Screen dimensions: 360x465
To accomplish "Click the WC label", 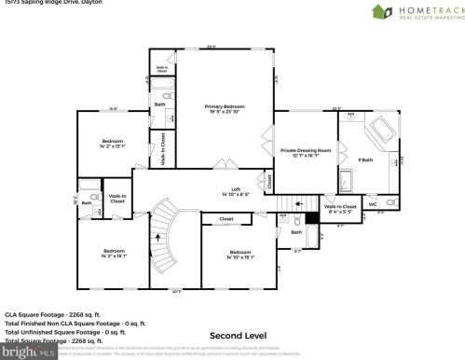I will click(373, 204).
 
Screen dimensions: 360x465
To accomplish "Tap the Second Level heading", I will click(238, 335).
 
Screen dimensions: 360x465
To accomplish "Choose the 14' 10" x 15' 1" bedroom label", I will click(240, 255).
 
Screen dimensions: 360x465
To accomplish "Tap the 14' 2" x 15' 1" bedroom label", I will click(114, 254).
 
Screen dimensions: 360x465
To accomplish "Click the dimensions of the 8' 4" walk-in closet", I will click(339, 210).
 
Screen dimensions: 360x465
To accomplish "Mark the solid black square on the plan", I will click(313, 217).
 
